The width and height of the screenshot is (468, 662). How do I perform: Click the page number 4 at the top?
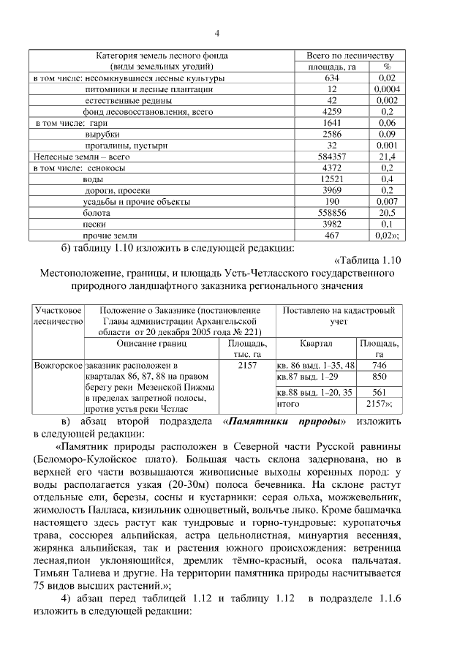(x=217, y=33)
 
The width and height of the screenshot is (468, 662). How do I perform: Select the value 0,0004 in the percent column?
(x=388, y=89)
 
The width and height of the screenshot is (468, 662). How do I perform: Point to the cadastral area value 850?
(x=379, y=377)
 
